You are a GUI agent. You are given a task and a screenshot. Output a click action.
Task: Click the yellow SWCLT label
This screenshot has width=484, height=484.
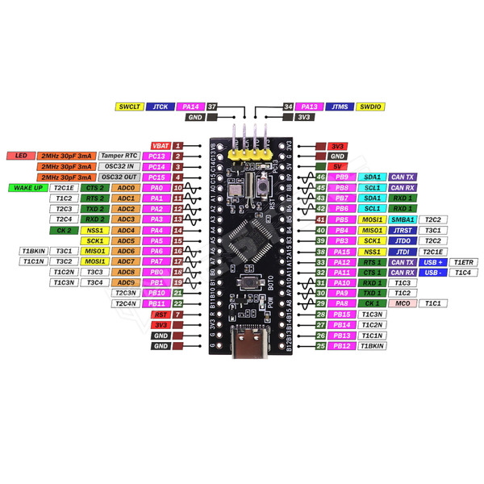(129, 106)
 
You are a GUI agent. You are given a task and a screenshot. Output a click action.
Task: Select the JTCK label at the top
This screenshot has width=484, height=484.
(161, 106)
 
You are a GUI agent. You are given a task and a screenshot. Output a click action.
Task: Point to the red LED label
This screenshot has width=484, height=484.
(21, 156)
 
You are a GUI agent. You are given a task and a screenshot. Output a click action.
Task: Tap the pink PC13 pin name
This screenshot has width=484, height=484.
(158, 156)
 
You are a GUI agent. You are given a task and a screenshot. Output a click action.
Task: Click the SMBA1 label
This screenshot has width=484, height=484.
(402, 219)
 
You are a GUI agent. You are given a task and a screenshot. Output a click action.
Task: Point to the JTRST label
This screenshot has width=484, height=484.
(402, 230)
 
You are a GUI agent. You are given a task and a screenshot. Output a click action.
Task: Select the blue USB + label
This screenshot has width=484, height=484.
(434, 262)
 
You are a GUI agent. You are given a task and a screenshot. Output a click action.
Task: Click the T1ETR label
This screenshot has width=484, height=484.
(465, 262)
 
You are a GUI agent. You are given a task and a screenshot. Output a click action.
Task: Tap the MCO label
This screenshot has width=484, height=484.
(402, 303)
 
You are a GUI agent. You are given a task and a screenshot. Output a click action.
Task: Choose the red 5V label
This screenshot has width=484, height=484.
(338, 166)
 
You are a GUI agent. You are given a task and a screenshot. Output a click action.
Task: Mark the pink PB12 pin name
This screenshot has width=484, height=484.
(341, 345)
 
